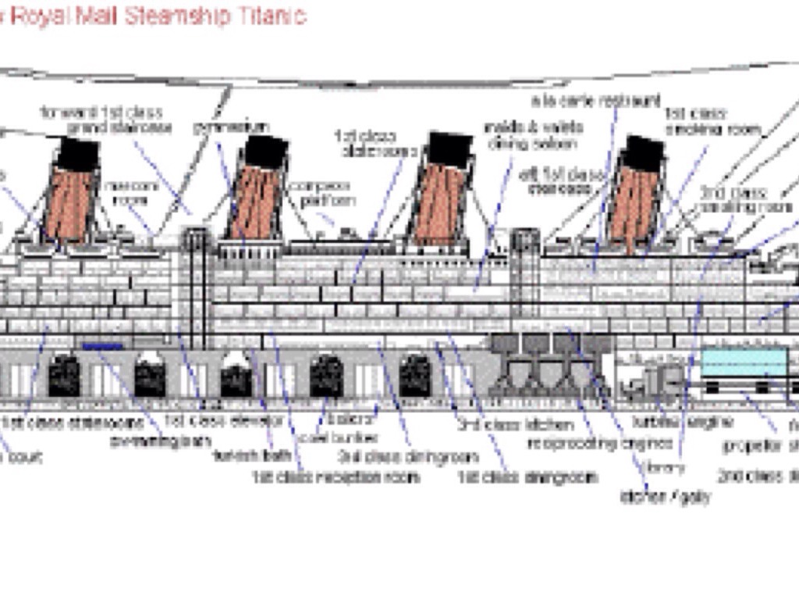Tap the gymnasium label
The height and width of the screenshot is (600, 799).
(230, 127)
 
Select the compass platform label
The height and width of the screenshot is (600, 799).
(321, 194)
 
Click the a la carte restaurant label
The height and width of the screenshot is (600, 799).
(596, 101)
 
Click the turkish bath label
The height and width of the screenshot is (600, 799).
(252, 455)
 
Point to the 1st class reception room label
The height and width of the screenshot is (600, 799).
(336, 476)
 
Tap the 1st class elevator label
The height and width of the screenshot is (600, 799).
(224, 421)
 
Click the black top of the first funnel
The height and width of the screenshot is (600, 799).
(78, 153)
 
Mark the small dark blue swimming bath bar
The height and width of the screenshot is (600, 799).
(103, 346)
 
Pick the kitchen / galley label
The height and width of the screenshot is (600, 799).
(665, 496)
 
